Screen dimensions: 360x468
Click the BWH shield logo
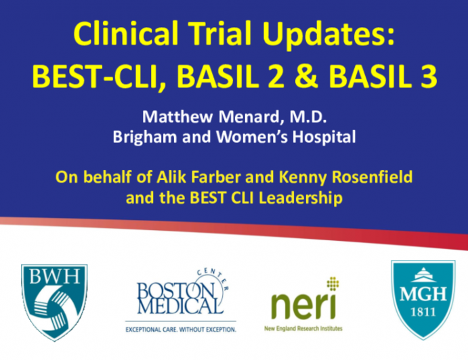coord(54,298)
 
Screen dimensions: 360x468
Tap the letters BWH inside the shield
coord(54,278)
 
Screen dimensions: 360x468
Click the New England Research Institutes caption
coord(303,328)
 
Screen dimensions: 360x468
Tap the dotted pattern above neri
coord(332,284)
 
